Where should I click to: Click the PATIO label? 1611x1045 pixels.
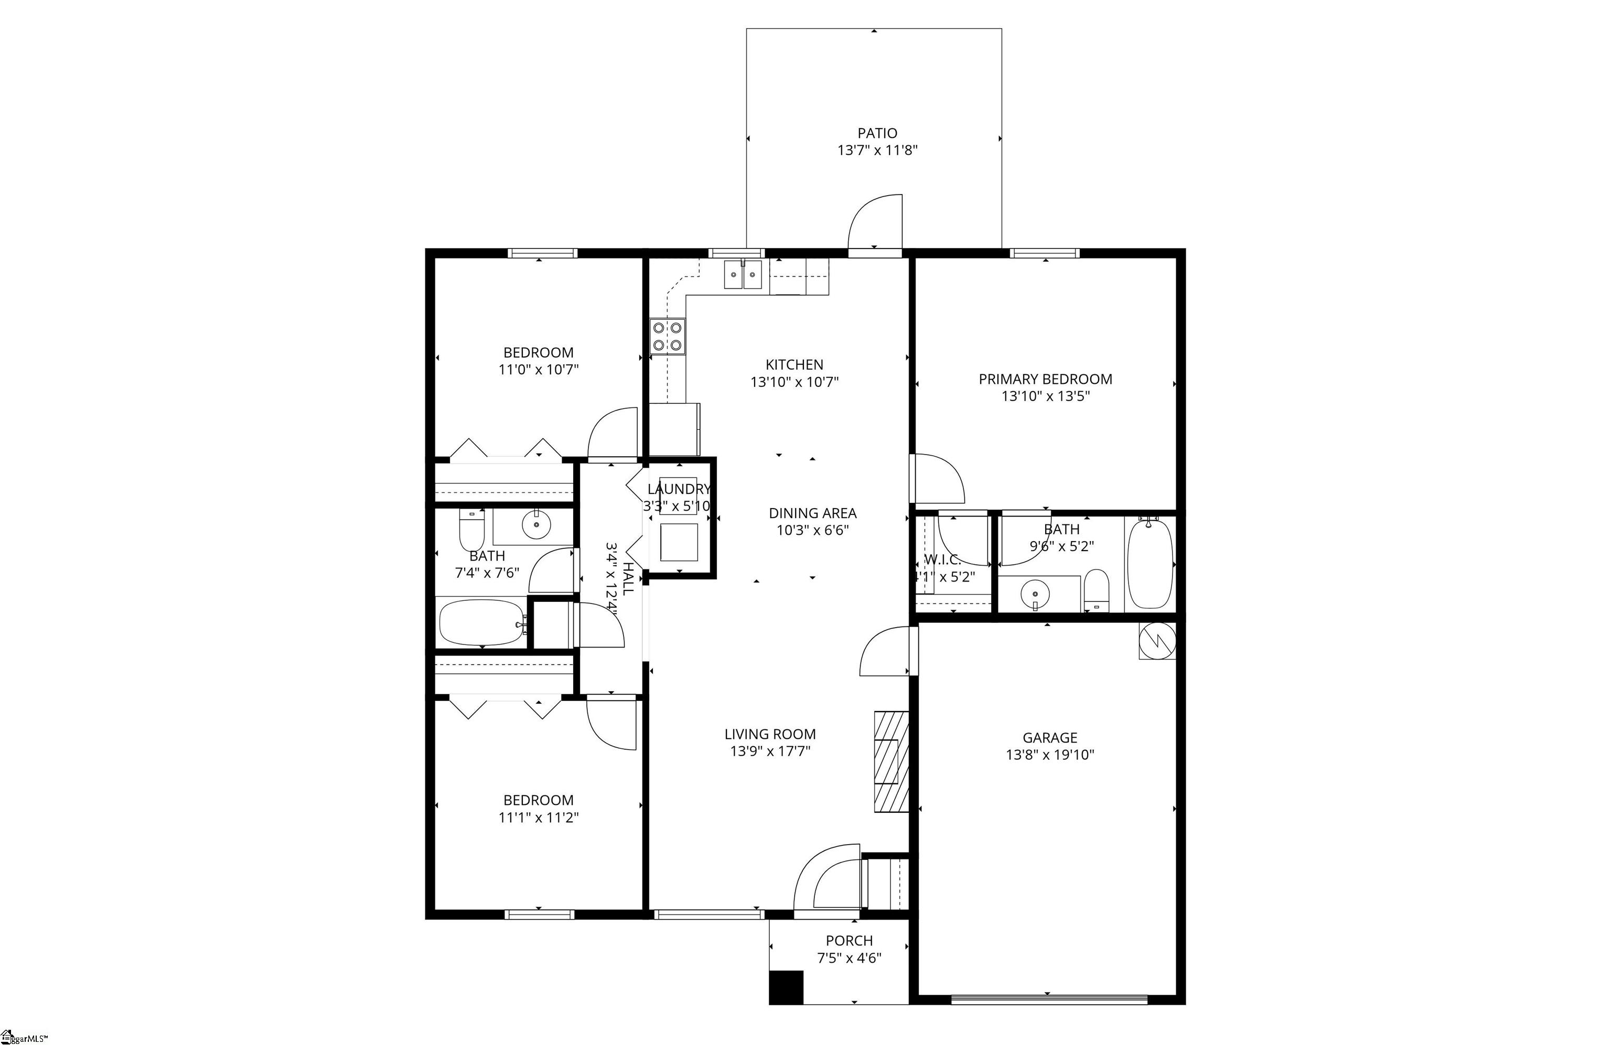pyautogui.click(x=877, y=133)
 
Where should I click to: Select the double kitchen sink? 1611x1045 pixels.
pyautogui.click(x=743, y=275)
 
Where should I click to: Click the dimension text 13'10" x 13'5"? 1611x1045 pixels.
pyautogui.click(x=1045, y=396)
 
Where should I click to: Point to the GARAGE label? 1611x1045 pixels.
pyautogui.click(x=1049, y=738)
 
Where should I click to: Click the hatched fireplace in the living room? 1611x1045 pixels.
pyautogui.click(x=891, y=761)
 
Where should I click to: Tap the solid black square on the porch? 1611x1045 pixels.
pyautogui.click(x=786, y=987)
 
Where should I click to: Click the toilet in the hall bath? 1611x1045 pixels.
pyautogui.click(x=472, y=529)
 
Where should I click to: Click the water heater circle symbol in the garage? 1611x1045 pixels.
pyautogui.click(x=1157, y=640)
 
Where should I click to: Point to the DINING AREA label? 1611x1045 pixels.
pyautogui.click(x=812, y=513)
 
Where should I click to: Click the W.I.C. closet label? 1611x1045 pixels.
pyautogui.click(x=942, y=559)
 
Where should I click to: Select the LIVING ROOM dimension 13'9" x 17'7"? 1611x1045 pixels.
pyautogui.click(x=770, y=751)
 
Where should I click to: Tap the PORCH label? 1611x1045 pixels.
pyautogui.click(x=849, y=941)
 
